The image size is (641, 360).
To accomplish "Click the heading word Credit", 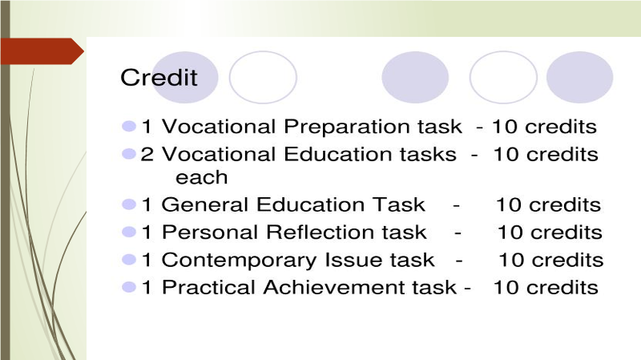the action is tap(159, 77).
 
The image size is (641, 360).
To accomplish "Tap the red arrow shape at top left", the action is tap(42, 51).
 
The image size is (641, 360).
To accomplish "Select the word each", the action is tap(202, 177).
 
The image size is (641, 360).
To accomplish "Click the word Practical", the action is tap(208, 287).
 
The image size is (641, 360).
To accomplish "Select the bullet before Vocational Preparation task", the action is tap(129, 126).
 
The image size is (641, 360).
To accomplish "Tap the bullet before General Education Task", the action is tap(129, 204).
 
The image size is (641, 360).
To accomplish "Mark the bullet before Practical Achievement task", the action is tap(129, 287).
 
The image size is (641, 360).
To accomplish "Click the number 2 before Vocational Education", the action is tap(147, 155).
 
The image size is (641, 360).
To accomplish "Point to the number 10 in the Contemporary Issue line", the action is tap(511, 260).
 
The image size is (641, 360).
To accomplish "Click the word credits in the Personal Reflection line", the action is tap(566, 233).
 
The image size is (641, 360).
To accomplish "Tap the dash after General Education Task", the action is tap(456, 206).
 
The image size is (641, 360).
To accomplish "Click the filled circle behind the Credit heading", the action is tap(185, 77).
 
